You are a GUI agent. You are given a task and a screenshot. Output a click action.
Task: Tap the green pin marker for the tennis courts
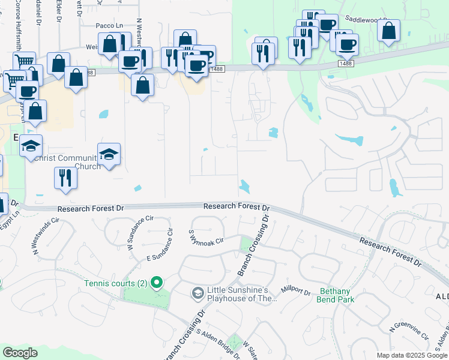[x=157, y=281]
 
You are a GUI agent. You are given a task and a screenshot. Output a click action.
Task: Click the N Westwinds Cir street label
[x=46, y=233]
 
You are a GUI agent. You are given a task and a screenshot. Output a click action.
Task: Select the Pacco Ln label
[x=109, y=26]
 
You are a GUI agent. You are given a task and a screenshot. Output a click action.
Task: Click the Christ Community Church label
[x=67, y=162]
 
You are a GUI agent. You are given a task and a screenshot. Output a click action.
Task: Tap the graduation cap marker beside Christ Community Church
[x=109, y=154]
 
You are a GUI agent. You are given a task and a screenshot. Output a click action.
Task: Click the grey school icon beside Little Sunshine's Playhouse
[x=197, y=293]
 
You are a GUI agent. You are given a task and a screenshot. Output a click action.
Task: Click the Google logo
[x=20, y=353]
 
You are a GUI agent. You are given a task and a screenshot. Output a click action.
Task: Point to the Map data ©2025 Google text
[x=411, y=355]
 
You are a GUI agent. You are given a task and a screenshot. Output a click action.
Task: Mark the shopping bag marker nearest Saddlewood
[x=389, y=31]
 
